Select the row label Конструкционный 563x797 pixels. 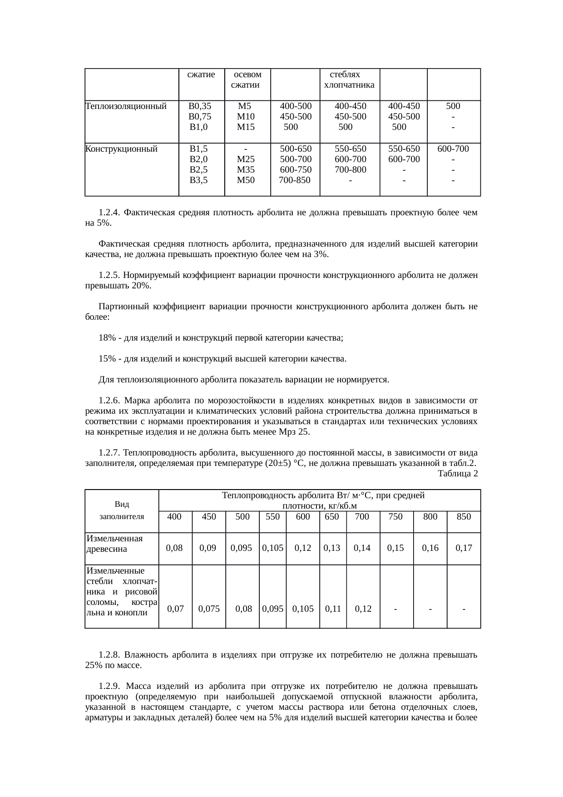pos(122,149)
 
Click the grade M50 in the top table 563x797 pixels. pos(246,180)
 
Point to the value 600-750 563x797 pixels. pos(296,169)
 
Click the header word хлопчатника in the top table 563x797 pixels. pos(349,85)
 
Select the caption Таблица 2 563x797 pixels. pos(457,474)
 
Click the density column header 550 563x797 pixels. pos(272,516)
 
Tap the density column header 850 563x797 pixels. pos(464,516)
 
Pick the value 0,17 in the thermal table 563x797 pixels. pos(464,548)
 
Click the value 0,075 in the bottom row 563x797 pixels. pos(209,609)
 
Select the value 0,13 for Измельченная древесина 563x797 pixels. pos(332,548)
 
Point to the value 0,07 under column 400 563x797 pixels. pos(175,609)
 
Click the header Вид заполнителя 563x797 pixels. pos(122,510)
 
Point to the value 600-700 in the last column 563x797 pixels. pos(453,149)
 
